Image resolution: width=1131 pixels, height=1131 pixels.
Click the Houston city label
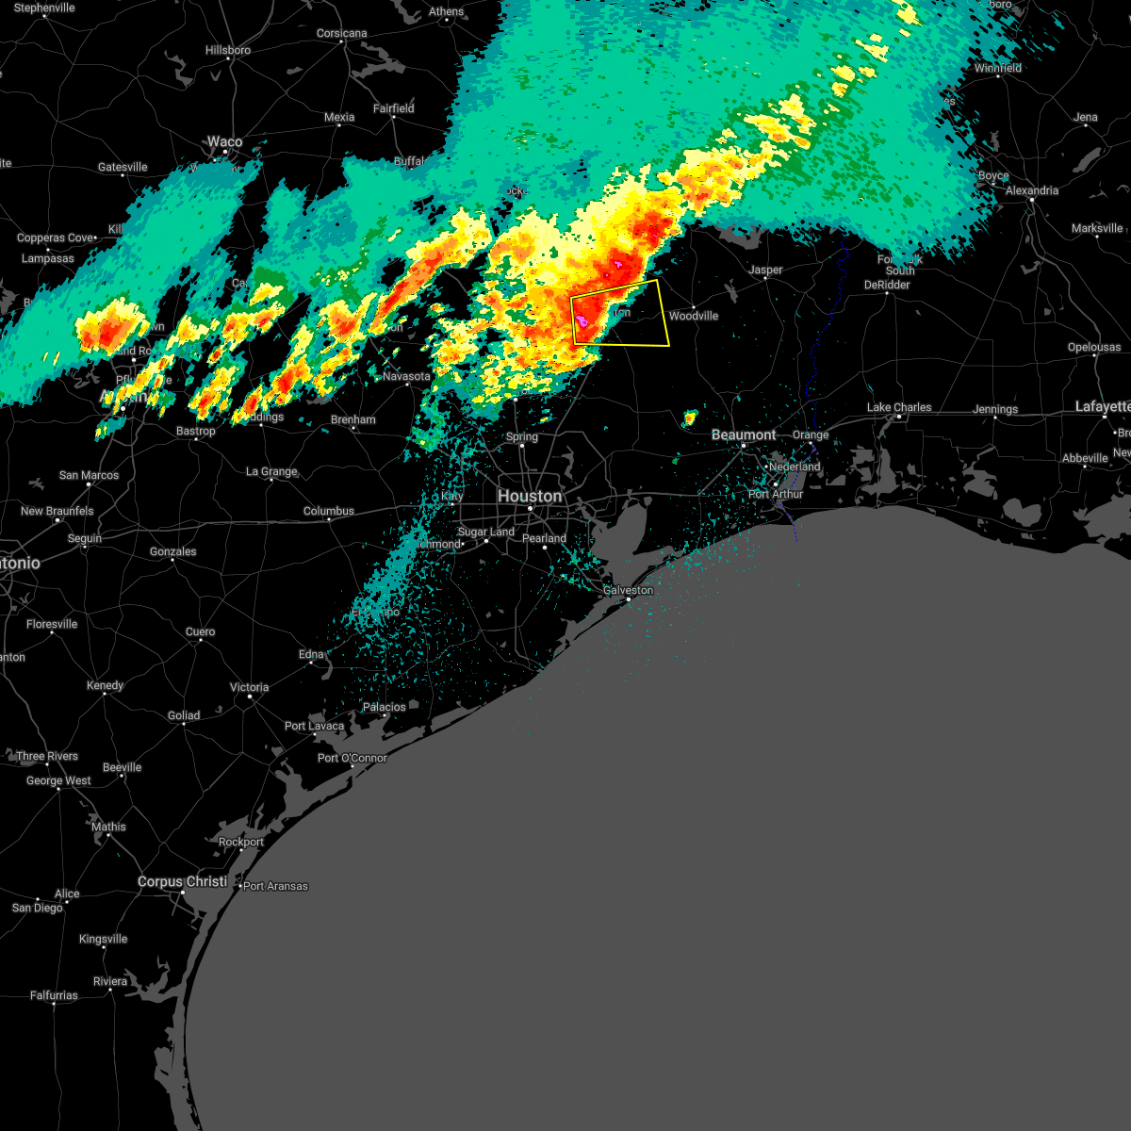point(529,496)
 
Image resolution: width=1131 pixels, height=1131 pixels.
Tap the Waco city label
point(224,142)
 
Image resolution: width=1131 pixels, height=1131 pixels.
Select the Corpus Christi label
point(182,881)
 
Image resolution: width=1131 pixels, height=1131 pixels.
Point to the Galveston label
point(628,590)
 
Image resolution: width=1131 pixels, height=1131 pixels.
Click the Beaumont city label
point(744,434)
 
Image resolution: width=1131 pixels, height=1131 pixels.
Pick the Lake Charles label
point(898,407)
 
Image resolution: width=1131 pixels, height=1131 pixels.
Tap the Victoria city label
point(249,687)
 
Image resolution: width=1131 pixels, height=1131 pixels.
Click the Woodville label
point(693,316)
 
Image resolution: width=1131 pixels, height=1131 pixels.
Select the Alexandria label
point(1031,190)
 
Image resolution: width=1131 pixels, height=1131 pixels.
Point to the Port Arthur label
point(775,494)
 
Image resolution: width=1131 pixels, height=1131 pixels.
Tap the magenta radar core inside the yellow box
point(582,322)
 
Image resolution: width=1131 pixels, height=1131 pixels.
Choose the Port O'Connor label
point(352,758)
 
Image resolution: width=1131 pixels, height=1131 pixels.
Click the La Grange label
point(271,471)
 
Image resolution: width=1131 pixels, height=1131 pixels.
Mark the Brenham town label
point(352,419)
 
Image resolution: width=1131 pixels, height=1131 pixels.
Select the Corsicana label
point(341,33)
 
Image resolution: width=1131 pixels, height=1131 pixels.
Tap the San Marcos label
point(89,475)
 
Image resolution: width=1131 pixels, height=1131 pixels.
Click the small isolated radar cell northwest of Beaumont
point(690,417)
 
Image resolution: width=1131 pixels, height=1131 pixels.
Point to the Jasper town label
point(765,270)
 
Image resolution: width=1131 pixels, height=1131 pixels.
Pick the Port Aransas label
point(275,886)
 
